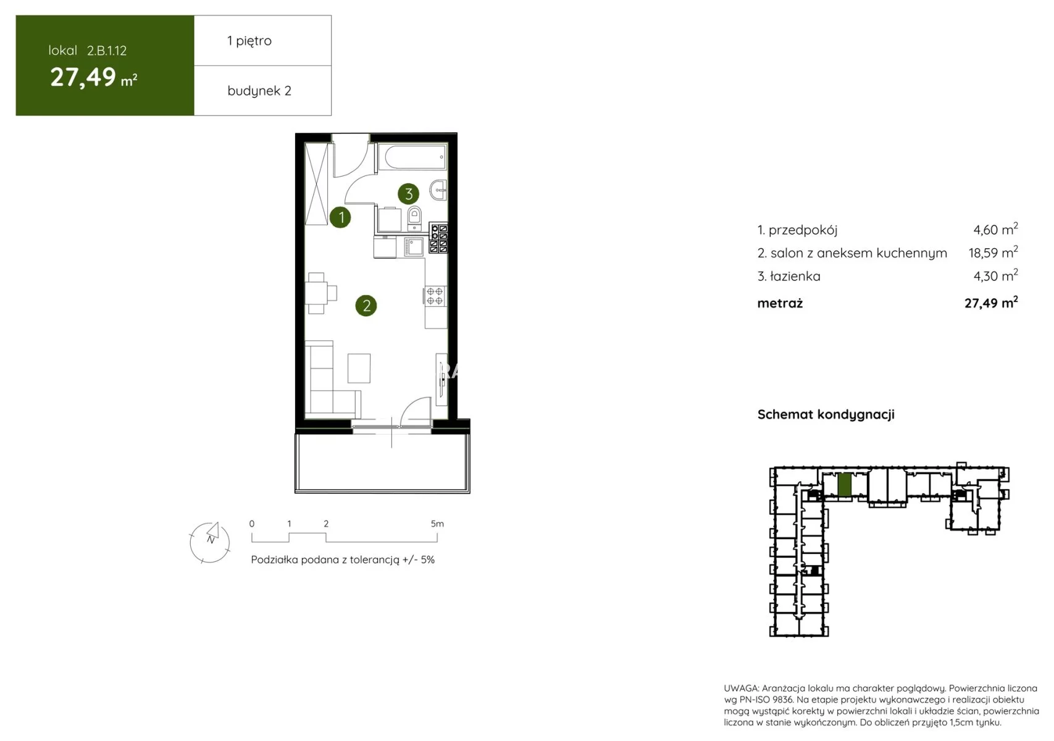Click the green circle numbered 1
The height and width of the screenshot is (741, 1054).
pos(341,217)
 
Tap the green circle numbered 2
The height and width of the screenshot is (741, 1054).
pos(366,306)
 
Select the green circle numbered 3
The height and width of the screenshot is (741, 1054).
pos(408,193)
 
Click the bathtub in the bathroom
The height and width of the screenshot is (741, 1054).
pos(412,157)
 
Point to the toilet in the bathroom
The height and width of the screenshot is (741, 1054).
pos(414,217)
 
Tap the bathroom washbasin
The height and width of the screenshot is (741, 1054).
pos(438,191)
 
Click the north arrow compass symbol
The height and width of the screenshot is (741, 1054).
pos(210,542)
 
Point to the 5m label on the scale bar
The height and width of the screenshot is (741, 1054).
pos(437,524)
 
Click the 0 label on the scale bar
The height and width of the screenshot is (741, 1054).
pos(252,524)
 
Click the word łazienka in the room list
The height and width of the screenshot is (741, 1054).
pos(795,276)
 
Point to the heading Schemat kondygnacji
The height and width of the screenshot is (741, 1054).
pos(826,414)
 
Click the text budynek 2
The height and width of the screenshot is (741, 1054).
pos(259,91)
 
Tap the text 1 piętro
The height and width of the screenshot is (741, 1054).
pos(249,41)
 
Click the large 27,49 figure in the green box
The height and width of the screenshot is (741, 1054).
pos(83,77)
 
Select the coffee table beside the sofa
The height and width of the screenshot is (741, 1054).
pos(359,368)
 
